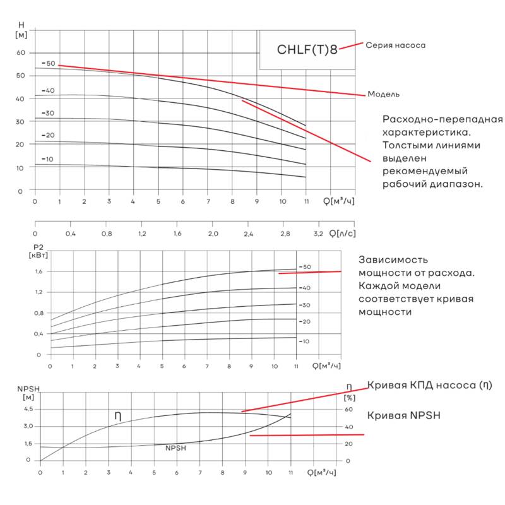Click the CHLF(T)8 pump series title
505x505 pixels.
tap(307, 50)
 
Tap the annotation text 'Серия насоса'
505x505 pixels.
tap(396, 45)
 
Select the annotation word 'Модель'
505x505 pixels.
tap(384, 94)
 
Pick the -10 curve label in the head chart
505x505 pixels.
tap(48, 159)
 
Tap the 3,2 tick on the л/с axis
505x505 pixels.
tap(318, 234)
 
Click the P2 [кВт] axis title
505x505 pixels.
tap(38, 251)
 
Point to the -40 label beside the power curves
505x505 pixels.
tap(304, 288)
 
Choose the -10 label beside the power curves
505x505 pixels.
tap(304, 341)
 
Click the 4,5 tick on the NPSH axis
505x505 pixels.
tap(28, 409)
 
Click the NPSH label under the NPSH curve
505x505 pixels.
tap(175, 448)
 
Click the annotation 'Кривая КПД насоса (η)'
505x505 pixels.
tap(429, 385)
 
